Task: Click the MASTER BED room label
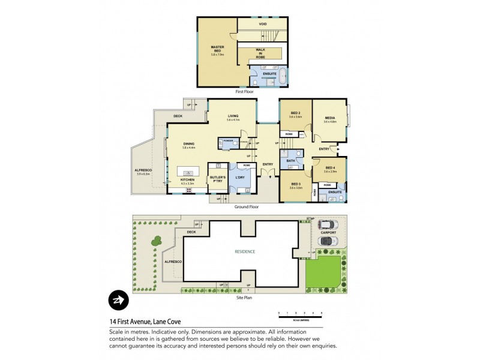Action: click(x=217, y=48)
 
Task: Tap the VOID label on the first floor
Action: click(x=262, y=24)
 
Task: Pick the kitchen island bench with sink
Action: click(x=190, y=174)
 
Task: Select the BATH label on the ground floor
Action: click(x=290, y=160)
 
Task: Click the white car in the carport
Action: click(x=328, y=225)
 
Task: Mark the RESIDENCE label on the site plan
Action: click(x=245, y=251)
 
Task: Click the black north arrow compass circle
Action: click(x=118, y=301)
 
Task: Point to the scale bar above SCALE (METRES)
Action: click(x=300, y=313)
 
